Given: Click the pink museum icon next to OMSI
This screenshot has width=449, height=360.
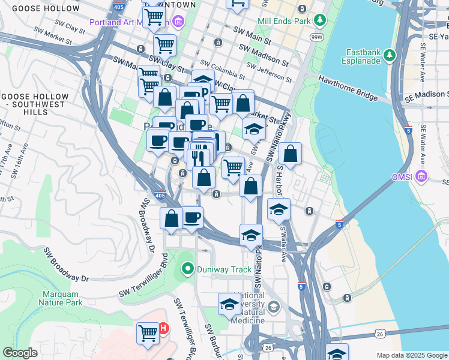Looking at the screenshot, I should point(422,176).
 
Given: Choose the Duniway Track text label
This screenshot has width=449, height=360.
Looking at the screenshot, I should point(224,269).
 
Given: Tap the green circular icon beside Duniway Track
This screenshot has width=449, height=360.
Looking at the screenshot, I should point(188,269).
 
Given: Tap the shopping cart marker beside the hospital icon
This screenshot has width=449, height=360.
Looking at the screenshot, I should point(148,333).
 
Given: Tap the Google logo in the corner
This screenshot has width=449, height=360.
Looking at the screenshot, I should point(20,353).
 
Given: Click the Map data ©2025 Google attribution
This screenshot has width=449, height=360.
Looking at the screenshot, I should point(411,355).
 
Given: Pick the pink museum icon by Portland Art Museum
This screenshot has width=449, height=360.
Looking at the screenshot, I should point(177,23).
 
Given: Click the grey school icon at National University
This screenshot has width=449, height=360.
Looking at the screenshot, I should point(274,308).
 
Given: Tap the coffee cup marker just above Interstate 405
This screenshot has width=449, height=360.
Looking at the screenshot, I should point(192,217).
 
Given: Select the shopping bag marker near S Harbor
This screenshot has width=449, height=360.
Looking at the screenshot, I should point(290,154).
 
